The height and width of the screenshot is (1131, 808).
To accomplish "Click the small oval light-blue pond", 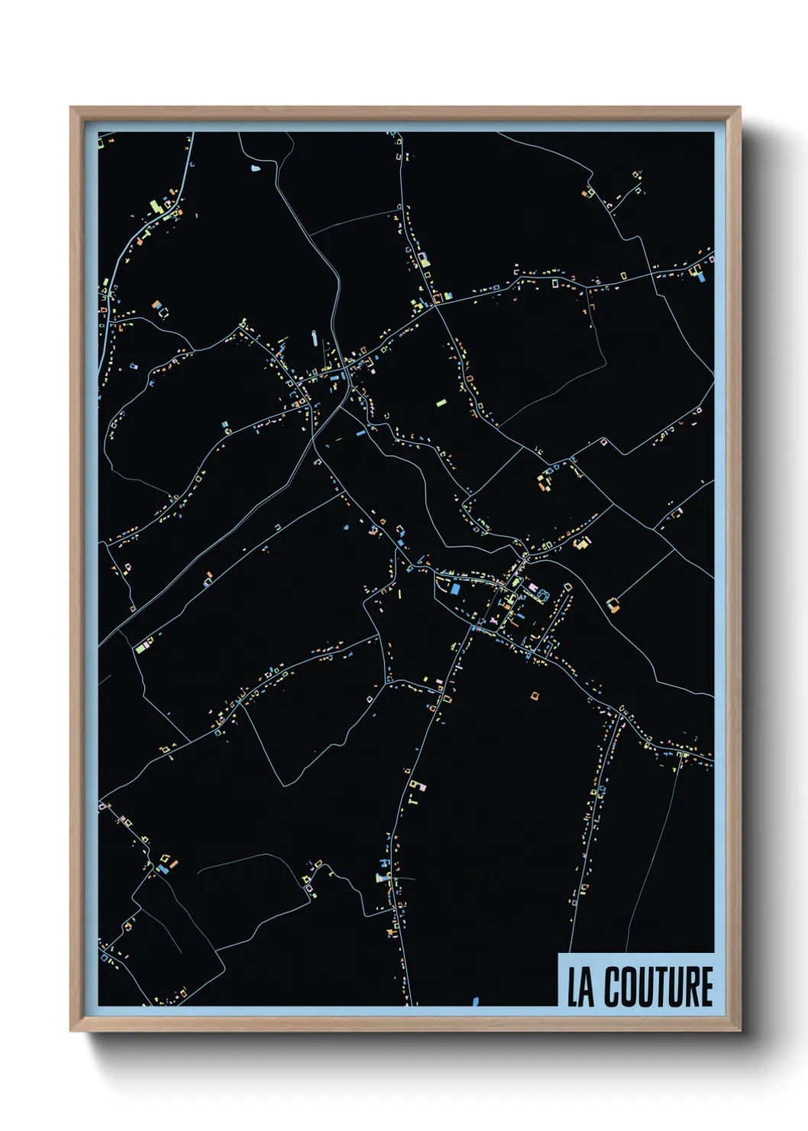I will pyautogui.click(x=255, y=167).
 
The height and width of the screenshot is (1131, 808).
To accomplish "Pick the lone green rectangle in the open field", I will pyautogui.click(x=441, y=401).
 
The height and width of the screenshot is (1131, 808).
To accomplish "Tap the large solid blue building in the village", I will pyautogui.click(x=456, y=589).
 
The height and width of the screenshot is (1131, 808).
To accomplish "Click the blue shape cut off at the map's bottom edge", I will pyautogui.click(x=475, y=1000).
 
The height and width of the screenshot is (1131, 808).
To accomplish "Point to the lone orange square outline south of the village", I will pyautogui.click(x=535, y=695).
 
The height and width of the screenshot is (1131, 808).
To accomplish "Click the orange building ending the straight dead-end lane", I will pyautogui.click(x=612, y=605).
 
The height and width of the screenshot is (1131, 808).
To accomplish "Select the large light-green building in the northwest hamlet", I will pyautogui.click(x=153, y=206).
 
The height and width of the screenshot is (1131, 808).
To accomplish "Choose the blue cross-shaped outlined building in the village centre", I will pyautogui.click(x=543, y=594).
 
